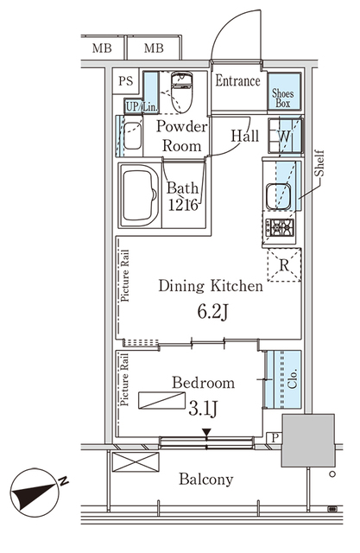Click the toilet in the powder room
coord(181,92)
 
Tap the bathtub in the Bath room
coord(140,195)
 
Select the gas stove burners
coord(280,227)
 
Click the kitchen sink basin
coord(278,197)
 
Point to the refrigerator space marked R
coord(284,265)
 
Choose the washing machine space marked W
coord(285,136)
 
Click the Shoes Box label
coord(283,99)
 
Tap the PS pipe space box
coord(126,81)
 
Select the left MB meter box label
coord(102,48)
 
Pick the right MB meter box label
coord(154,48)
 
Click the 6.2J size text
coord(213,312)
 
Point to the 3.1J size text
coord(203,409)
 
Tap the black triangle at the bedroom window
coord(206,432)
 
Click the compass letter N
coord(63,480)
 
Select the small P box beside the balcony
coord(275,438)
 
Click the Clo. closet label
coord(293,378)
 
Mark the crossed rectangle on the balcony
coord(136,462)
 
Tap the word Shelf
coord(319,163)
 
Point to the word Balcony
coord(206,480)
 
